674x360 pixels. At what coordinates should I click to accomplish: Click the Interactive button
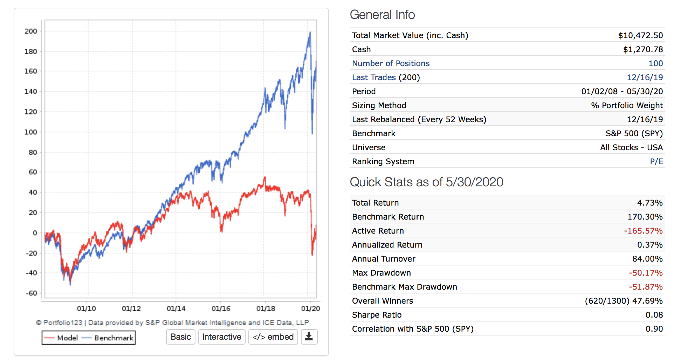tap(222, 337)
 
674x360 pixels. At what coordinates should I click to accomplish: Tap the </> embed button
tap(273, 337)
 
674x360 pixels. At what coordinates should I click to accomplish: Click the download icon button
tap(309, 337)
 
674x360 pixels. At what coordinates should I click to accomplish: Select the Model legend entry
tap(61, 338)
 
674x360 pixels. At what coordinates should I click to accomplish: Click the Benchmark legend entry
tap(108, 338)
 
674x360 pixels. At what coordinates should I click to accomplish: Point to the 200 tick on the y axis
tap(31, 31)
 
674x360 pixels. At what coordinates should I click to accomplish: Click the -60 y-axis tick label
tap(31, 293)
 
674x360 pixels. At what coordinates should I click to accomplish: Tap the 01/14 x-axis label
tap(176, 309)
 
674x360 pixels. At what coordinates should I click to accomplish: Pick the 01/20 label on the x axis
tap(310, 309)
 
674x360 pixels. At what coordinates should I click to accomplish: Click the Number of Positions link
tap(391, 63)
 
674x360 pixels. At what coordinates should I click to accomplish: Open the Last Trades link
tap(374, 77)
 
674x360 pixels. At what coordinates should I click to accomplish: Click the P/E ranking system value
tap(656, 161)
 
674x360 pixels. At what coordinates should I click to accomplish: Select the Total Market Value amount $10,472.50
tap(640, 35)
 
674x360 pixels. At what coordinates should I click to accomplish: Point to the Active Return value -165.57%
tap(643, 231)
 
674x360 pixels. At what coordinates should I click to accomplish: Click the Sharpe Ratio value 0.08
tap(654, 315)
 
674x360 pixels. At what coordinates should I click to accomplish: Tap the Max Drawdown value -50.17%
tap(645, 273)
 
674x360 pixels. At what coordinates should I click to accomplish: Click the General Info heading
tap(382, 15)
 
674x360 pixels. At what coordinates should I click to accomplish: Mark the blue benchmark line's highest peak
tap(310, 33)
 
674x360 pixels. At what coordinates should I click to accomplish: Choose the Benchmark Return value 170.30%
tap(645, 217)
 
